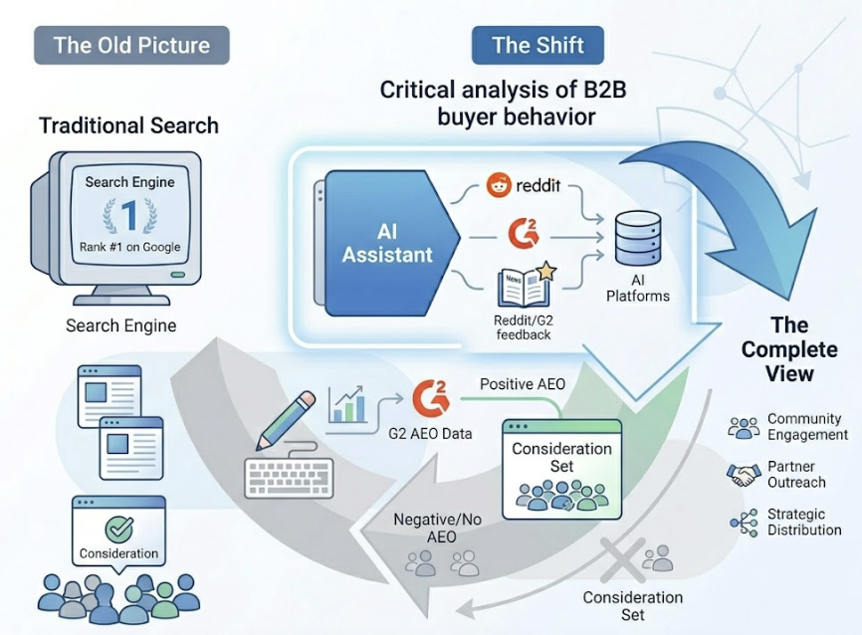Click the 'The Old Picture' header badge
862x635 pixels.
pos(132,45)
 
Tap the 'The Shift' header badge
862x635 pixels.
pos(538,45)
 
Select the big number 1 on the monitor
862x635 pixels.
pos(129,215)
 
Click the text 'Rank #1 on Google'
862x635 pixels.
pos(129,247)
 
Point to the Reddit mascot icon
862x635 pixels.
pos(499,185)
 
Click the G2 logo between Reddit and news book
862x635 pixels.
pos(524,234)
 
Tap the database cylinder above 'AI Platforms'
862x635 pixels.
pos(638,239)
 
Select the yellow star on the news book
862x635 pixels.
pos(545,271)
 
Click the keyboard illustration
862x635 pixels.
pos(289,479)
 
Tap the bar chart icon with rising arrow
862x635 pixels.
pos(347,405)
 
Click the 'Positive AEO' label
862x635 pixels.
pos(523,384)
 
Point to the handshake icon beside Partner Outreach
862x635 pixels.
pos(744,475)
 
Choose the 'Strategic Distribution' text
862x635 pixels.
pos(804,522)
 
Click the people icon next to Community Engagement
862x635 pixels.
pos(744,427)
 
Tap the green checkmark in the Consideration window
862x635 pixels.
pos(119,529)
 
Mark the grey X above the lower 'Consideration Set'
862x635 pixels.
pos(623,559)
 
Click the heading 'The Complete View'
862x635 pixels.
pos(789,349)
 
